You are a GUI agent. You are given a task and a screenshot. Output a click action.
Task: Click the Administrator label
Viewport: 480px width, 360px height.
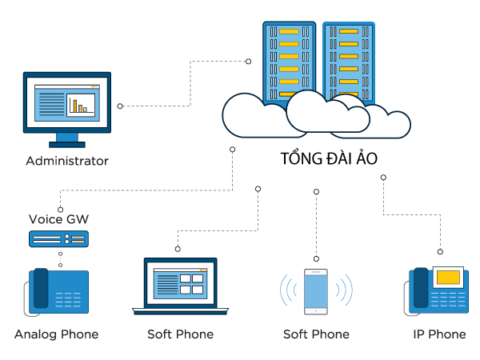point(66,162)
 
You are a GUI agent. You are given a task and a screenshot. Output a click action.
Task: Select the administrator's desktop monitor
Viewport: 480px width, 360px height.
point(67,103)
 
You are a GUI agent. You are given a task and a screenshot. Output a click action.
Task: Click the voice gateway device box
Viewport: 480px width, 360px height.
point(58,238)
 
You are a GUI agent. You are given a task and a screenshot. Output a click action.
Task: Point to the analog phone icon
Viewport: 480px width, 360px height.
point(58,290)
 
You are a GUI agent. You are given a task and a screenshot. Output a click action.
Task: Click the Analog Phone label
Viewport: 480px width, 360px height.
point(56,334)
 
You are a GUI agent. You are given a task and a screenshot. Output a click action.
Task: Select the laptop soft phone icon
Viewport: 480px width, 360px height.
point(180,286)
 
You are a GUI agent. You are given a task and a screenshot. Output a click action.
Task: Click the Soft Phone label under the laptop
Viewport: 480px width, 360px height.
point(180,334)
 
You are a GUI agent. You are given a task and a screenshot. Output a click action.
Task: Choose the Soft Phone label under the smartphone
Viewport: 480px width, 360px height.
point(316,334)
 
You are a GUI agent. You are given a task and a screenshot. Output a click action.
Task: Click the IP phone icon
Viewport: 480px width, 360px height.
point(438,290)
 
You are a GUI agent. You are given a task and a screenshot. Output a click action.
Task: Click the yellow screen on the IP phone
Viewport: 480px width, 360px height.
point(448,278)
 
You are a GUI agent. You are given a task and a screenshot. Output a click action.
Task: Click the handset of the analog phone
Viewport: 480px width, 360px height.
point(39,290)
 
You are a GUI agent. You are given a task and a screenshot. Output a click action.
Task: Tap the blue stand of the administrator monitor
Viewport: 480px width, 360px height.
point(67,139)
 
